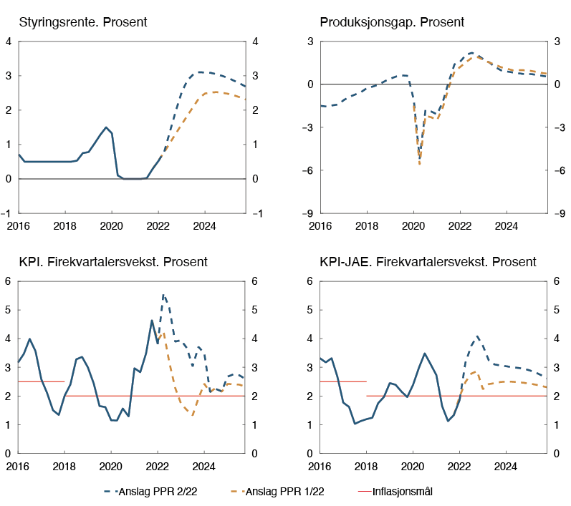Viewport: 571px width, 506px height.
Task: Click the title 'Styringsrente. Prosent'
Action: point(83,22)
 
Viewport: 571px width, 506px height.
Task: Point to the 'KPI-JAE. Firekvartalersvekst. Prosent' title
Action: point(428,262)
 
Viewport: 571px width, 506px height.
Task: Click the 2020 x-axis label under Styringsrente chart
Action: point(111,226)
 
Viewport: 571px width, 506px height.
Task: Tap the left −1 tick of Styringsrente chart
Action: point(7,213)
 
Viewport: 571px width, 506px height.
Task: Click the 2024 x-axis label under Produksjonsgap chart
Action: point(507,226)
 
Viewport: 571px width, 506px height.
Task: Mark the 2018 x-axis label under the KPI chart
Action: point(64,466)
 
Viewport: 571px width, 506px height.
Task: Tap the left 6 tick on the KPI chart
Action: point(9,281)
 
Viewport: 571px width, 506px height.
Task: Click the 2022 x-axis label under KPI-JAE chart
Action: point(459,466)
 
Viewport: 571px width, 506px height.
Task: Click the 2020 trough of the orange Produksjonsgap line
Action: point(419,165)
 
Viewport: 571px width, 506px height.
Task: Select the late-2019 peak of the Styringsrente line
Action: point(106,127)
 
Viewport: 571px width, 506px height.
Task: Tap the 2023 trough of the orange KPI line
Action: point(192,415)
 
